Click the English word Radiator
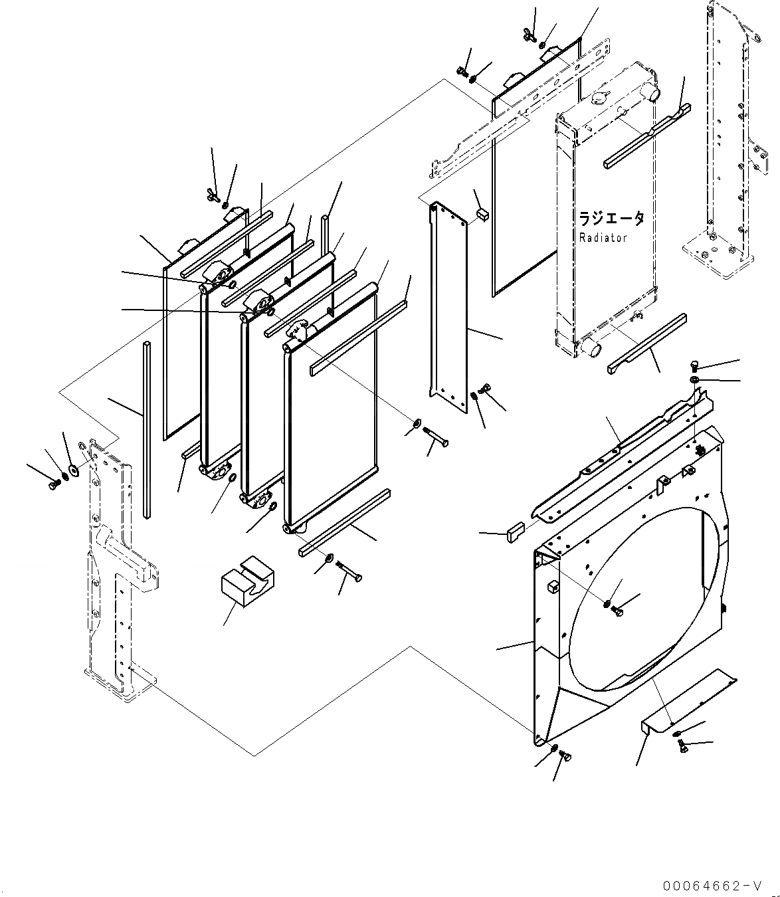click(x=602, y=238)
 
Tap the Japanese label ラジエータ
click(x=611, y=219)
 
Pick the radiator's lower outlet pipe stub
click(x=590, y=348)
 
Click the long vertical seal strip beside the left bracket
click(x=146, y=429)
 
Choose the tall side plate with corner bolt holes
click(x=449, y=302)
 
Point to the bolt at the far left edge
click(x=53, y=486)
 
